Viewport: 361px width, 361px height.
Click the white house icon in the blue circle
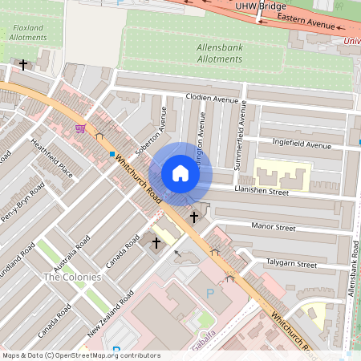[180, 173]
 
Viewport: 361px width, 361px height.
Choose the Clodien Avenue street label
[213, 99]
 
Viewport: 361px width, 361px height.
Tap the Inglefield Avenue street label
[302, 145]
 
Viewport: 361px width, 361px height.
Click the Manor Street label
[274, 228]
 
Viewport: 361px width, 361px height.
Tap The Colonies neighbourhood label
[72, 277]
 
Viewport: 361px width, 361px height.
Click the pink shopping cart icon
[79, 128]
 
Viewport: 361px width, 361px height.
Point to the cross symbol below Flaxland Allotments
[24, 64]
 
